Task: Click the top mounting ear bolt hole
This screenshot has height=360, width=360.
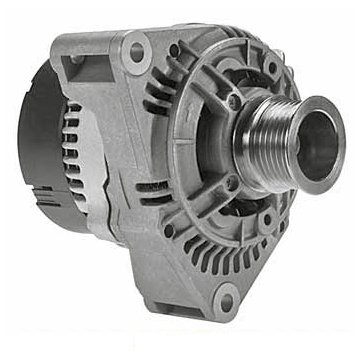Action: [135, 45]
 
